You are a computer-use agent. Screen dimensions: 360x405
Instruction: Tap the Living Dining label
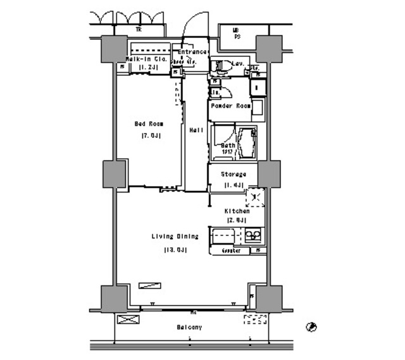175,237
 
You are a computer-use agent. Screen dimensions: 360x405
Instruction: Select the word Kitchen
235,211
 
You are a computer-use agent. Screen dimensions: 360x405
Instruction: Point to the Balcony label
189,327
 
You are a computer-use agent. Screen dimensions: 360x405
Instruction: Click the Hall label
196,130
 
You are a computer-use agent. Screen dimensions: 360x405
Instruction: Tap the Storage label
233,174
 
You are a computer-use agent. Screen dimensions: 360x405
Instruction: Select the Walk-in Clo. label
146,59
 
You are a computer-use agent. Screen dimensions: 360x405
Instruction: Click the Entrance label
192,52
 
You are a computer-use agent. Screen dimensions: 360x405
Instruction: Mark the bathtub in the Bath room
246,144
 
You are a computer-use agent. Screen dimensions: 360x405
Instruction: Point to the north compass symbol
311,327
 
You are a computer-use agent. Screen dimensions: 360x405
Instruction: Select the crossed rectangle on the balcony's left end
126,320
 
